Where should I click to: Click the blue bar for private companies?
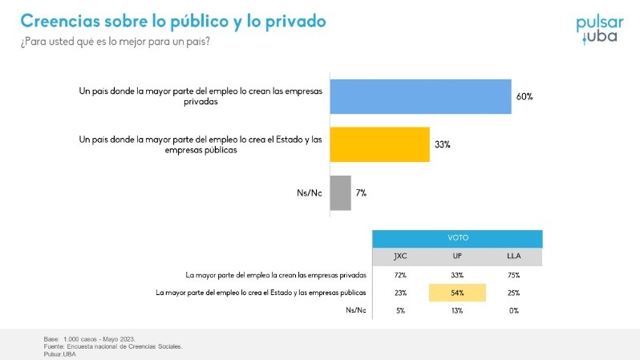[x=421, y=97]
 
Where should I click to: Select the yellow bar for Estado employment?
[x=380, y=144]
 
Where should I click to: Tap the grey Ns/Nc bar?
[x=341, y=192]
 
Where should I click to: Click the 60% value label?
[x=525, y=97]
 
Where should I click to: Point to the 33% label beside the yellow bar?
[x=443, y=145]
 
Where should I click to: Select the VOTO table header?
[x=458, y=238]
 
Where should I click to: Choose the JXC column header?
[x=401, y=257]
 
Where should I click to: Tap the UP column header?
[x=458, y=257]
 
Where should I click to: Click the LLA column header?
[x=514, y=257]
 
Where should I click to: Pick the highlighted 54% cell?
[x=458, y=293]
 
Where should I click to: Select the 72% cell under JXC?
[x=401, y=275]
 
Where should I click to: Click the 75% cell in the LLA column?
[x=514, y=275]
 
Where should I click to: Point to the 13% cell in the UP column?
[x=458, y=310]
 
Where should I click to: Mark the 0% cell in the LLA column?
[x=514, y=310]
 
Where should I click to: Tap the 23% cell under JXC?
[x=401, y=293]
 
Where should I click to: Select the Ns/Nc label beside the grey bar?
[x=310, y=193]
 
